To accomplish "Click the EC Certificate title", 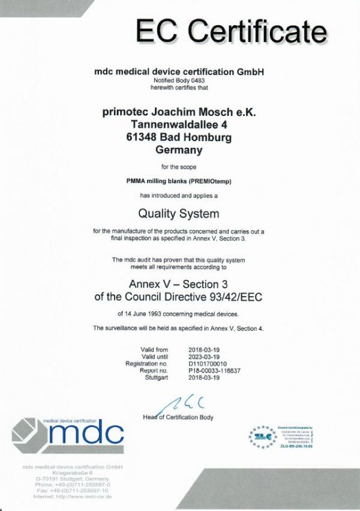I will (230, 32).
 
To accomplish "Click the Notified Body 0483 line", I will (179, 80).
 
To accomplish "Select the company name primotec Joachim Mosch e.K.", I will (179, 110).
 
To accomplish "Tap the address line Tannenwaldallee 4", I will (179, 124).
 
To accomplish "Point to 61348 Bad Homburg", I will (179, 138).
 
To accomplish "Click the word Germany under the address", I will (179, 150).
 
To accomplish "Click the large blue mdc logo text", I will (87, 432).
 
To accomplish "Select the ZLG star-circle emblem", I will (262, 437).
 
